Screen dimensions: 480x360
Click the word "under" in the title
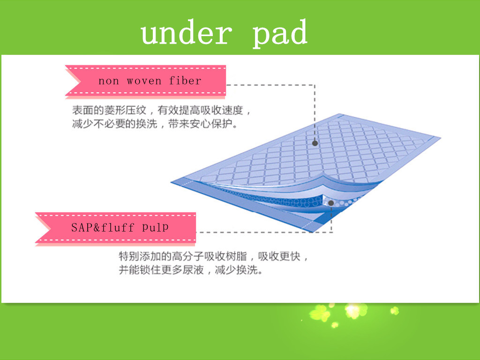click(187, 32)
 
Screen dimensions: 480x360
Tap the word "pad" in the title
click(280, 33)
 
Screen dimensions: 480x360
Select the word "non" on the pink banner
click(108, 81)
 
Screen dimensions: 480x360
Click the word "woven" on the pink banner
click(144, 81)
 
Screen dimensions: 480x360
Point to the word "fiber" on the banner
click(185, 80)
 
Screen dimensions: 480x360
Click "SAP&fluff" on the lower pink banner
click(103, 227)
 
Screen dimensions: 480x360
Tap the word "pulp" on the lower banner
click(155, 227)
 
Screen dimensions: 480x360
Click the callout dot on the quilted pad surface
click(315, 143)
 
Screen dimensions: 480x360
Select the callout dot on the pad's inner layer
click(331, 203)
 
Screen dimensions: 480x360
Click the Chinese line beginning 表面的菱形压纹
click(162, 110)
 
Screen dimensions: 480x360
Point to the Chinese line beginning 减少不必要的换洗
click(155, 124)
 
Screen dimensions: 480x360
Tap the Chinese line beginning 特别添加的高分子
click(213, 256)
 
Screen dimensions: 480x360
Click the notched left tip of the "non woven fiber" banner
click(80, 82)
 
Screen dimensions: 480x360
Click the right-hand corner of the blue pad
click(440, 138)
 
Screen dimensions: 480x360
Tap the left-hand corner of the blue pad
click(171, 182)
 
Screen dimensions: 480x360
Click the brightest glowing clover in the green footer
click(354, 310)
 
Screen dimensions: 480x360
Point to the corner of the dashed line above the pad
click(315, 85)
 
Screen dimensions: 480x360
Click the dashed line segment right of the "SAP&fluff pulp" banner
click(264, 232)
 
